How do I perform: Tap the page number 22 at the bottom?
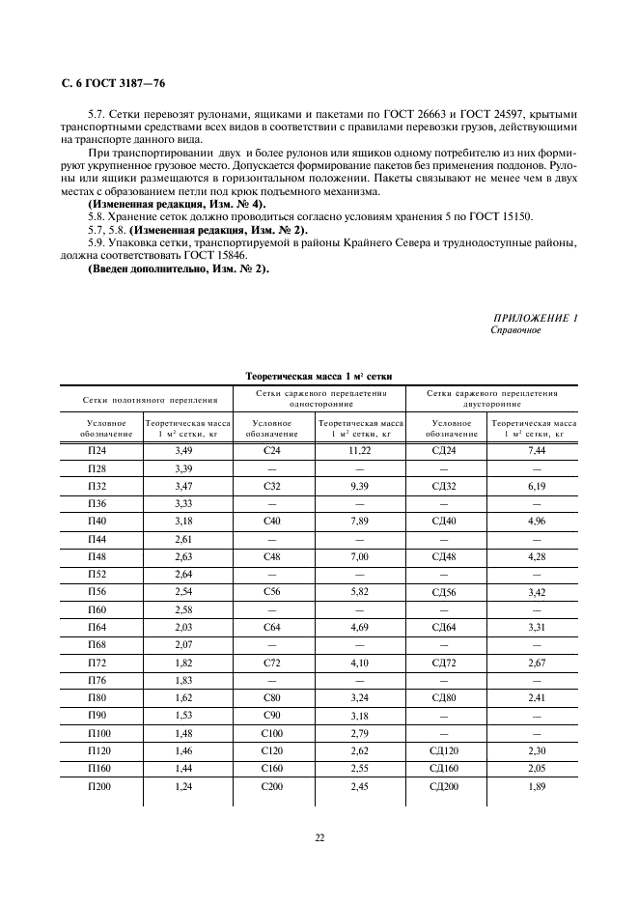(319, 837)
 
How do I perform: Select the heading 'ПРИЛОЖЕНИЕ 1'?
(535, 318)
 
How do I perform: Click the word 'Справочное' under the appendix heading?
(516, 330)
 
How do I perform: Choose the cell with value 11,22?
(360, 450)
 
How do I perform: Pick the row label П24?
(97, 450)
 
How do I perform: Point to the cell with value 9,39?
(360, 486)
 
